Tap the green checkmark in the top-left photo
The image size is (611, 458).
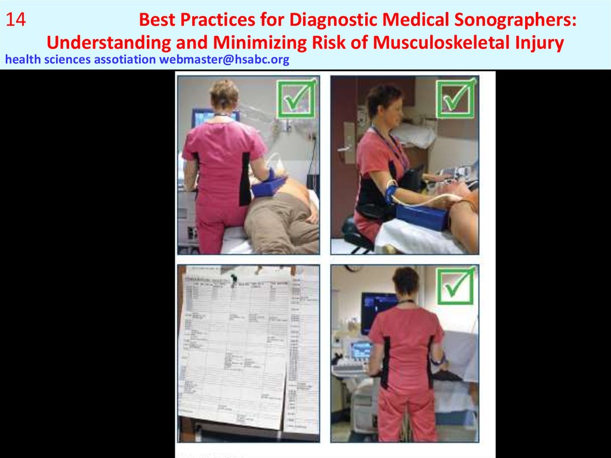296,98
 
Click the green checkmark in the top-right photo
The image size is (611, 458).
456,98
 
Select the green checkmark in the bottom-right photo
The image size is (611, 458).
455,287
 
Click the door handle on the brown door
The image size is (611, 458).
344,147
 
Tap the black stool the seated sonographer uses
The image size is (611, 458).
357,232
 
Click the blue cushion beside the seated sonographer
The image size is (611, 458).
422,216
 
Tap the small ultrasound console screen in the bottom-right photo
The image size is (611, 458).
360,349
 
